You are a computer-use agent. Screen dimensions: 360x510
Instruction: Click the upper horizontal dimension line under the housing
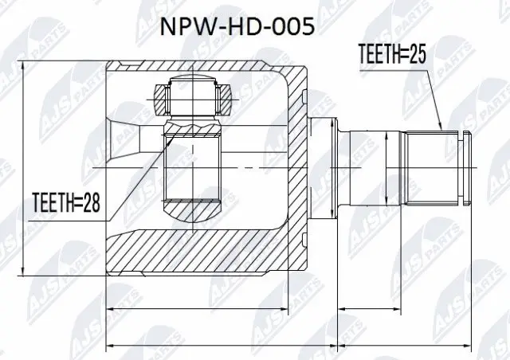click(207, 307)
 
